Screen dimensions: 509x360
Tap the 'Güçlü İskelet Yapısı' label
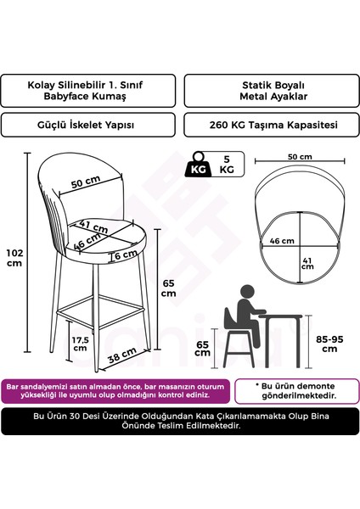(x=89, y=125)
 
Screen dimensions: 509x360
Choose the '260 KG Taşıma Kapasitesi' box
(x=268, y=125)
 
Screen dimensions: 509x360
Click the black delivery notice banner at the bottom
(x=180, y=421)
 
